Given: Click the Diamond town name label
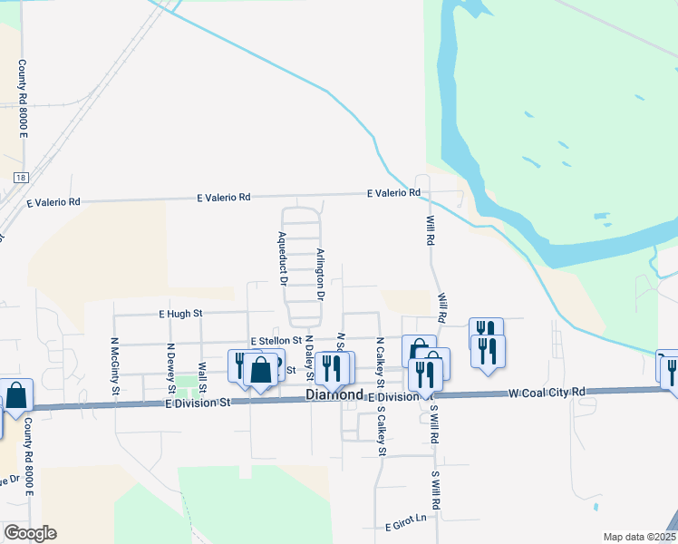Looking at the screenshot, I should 334,395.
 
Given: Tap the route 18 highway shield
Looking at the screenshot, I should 20,178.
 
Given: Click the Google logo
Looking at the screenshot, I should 29,533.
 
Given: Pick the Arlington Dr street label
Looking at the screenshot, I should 320,275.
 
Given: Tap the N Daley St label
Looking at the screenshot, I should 309,356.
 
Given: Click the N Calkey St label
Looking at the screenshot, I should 380,357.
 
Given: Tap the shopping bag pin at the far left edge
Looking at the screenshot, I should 16,396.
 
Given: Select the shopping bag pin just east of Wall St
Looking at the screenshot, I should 261,370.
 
